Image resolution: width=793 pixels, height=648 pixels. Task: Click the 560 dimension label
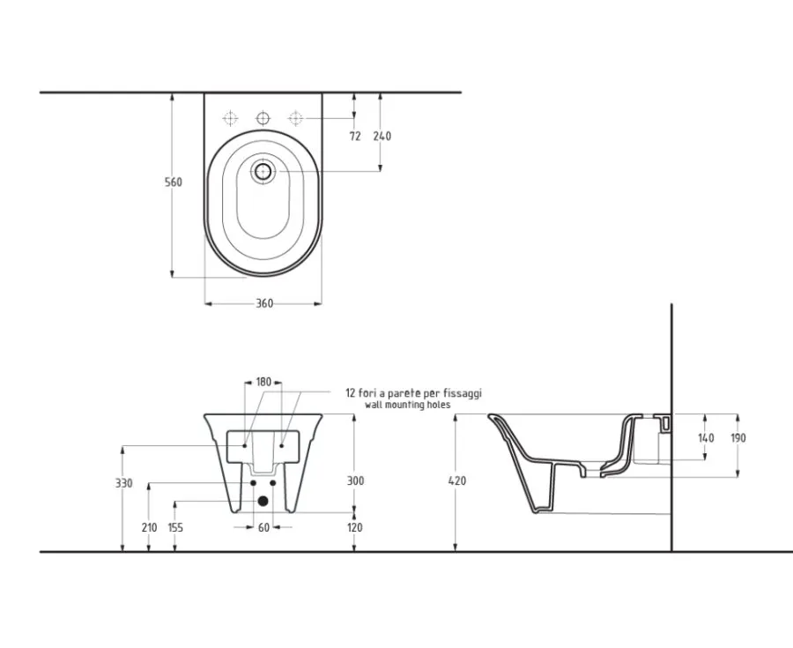point(174,182)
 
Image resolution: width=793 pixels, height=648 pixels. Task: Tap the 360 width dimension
point(264,303)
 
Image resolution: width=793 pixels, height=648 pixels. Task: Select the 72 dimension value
point(355,136)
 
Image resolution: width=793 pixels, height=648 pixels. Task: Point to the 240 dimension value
point(382,136)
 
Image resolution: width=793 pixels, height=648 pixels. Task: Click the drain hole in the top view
point(263,172)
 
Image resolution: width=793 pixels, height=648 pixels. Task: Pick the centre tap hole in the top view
point(263,118)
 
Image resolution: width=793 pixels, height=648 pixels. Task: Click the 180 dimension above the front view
point(263,382)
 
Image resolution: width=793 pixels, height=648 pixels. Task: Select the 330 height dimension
point(124,484)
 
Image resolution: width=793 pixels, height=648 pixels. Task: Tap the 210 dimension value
point(149,527)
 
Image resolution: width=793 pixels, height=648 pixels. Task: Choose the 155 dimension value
point(175,527)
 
